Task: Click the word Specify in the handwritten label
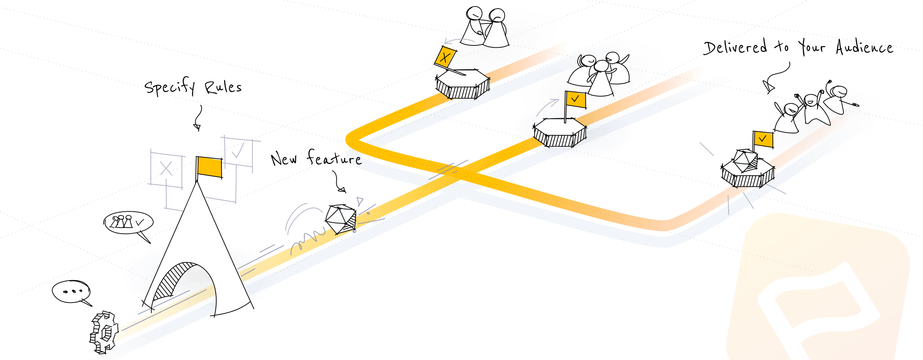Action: (x=169, y=87)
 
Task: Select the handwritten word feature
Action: (x=334, y=158)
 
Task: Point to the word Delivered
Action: (x=735, y=47)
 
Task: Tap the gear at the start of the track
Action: (x=104, y=333)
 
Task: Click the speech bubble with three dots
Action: (x=71, y=292)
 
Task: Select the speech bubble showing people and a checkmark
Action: (x=128, y=223)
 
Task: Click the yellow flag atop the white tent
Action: (x=210, y=167)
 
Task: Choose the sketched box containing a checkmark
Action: (x=238, y=151)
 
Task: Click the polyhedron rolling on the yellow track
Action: (x=341, y=219)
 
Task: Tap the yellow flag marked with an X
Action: (x=445, y=58)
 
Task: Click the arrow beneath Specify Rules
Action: (x=199, y=117)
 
